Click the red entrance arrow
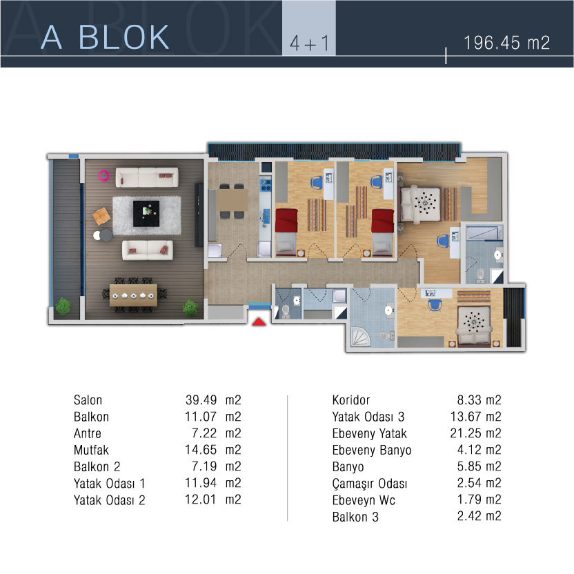259,321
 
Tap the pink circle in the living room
103,176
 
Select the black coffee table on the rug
146,213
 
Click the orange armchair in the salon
101,216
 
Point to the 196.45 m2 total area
506,43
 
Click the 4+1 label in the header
309,43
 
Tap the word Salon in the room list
88,400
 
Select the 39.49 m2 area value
213,400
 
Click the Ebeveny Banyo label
372,451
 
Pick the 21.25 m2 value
475,433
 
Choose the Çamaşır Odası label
369,484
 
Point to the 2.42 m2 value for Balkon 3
479,516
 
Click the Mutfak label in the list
91,450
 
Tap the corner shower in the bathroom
361,337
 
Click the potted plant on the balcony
63,306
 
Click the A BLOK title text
105,37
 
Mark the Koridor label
351,400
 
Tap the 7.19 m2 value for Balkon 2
217,466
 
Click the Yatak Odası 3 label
368,417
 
